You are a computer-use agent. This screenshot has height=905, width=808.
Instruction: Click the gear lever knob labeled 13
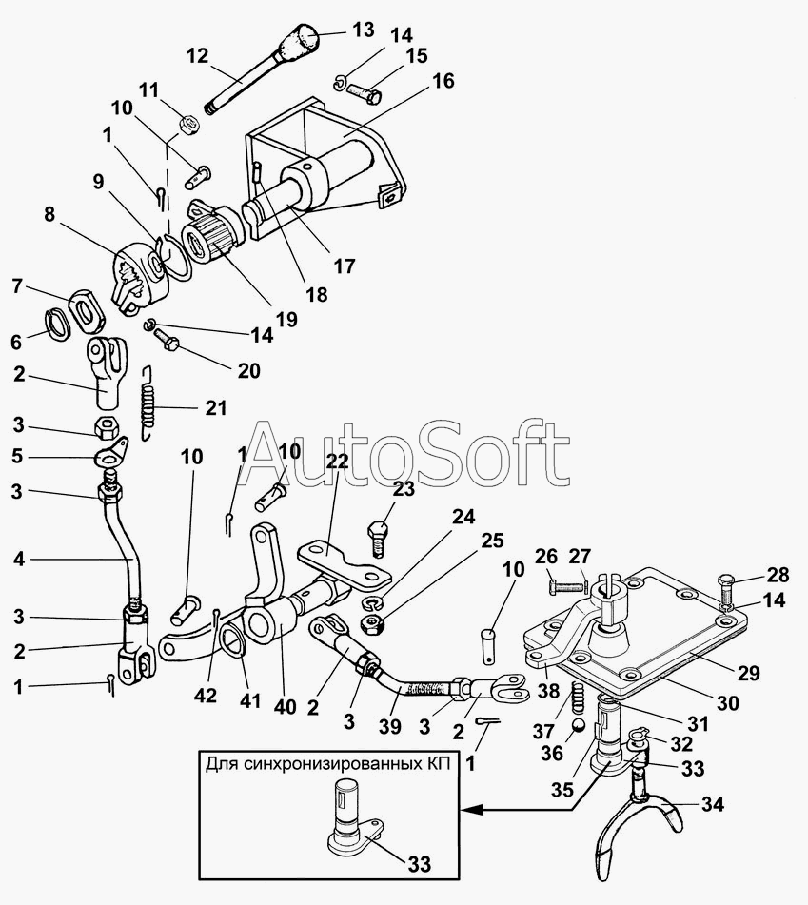point(302,42)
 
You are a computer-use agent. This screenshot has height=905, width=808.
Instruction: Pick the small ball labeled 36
point(576,727)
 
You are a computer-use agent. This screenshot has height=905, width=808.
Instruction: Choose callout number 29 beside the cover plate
point(748,673)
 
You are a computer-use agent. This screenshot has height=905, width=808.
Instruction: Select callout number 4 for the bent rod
point(17,561)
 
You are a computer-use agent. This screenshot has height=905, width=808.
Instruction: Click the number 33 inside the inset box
point(418,863)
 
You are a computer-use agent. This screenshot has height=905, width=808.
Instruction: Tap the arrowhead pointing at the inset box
point(467,810)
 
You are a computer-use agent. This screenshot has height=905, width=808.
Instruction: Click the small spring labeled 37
point(577,700)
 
